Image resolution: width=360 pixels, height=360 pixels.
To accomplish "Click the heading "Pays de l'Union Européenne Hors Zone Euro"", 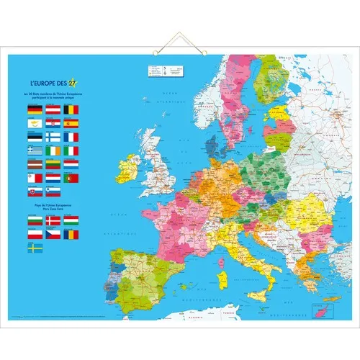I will tap(52, 208).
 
